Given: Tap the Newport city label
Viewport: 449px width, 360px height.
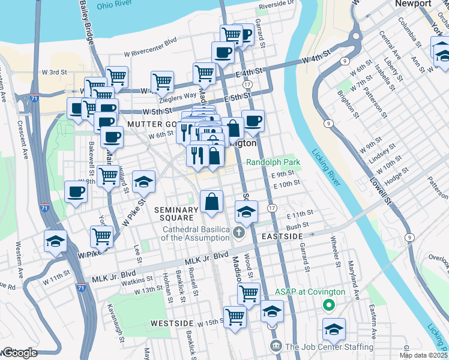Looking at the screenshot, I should (x=413, y=4).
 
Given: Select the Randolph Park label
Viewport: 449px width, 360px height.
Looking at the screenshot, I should (x=273, y=163).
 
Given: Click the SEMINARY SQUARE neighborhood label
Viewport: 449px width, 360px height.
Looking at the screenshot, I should (x=176, y=215).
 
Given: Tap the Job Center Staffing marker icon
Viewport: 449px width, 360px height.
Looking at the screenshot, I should (x=276, y=346).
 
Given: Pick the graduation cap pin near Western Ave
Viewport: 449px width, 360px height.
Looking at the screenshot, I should (x=55, y=242).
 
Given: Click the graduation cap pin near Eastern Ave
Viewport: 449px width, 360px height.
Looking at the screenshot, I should (x=334, y=329).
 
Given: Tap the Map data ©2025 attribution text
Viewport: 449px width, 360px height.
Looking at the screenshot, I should (x=423, y=355).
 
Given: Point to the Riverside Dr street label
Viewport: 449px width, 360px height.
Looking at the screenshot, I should (x=276, y=6).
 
